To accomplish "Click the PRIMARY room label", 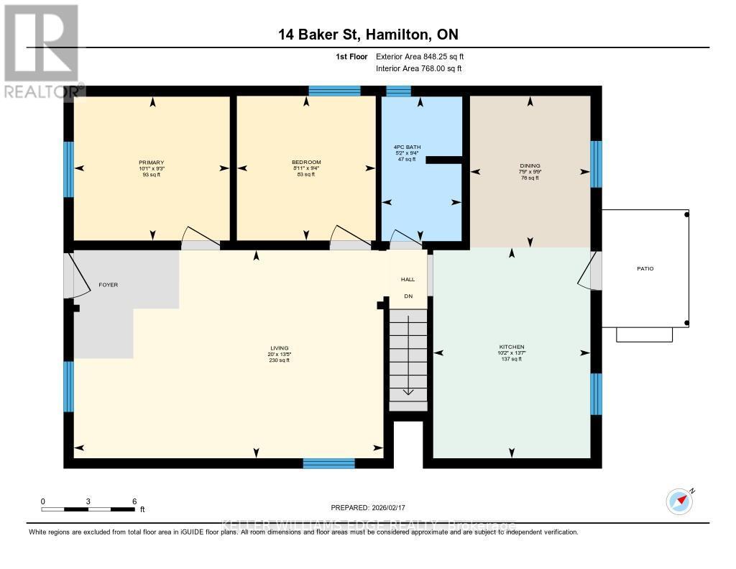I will (x=152, y=163).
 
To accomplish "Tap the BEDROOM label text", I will (x=306, y=163).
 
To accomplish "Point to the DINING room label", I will (x=530, y=165).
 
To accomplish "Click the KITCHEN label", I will (x=512, y=347).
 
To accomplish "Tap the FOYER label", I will (x=108, y=285).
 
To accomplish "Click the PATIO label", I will (x=645, y=269).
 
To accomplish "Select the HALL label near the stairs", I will (x=408, y=279).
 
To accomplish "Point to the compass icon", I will (x=678, y=501).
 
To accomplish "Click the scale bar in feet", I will (x=88, y=509).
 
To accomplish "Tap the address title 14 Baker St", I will (x=367, y=35).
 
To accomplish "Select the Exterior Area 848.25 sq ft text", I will (x=425, y=56).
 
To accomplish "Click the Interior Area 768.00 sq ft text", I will (x=419, y=68).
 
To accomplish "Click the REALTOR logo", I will (x=41, y=50).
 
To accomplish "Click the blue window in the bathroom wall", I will (x=398, y=91).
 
